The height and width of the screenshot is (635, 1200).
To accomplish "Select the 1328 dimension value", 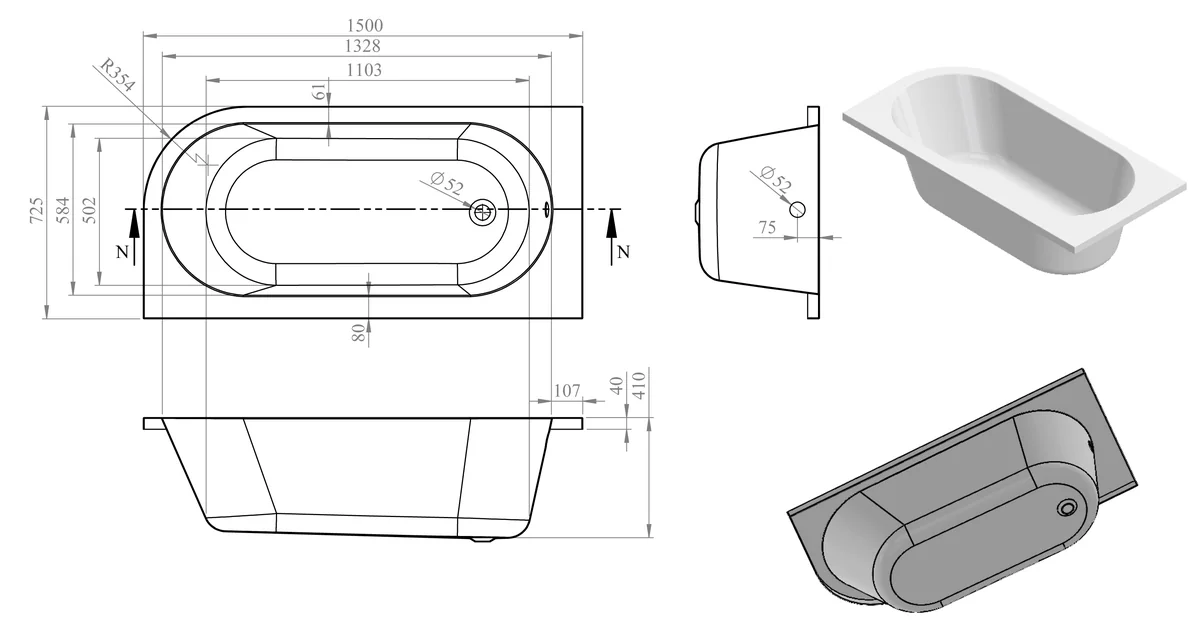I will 362,46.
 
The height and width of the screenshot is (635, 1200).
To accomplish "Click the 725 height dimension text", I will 36,211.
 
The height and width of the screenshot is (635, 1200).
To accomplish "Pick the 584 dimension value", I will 62,211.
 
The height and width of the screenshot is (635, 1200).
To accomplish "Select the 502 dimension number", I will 88,211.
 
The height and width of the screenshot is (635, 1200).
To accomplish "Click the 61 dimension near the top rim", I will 319,93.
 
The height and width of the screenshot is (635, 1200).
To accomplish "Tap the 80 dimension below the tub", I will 357,333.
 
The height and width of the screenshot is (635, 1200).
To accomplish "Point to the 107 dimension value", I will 567,390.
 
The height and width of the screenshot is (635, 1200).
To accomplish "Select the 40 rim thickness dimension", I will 617,384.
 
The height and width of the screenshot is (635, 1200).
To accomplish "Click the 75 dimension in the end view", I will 767,228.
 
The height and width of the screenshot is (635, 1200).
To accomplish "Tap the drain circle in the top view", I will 483,211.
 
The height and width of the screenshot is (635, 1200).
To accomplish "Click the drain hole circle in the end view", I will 797,209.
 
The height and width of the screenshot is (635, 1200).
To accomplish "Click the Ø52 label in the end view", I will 775,179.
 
